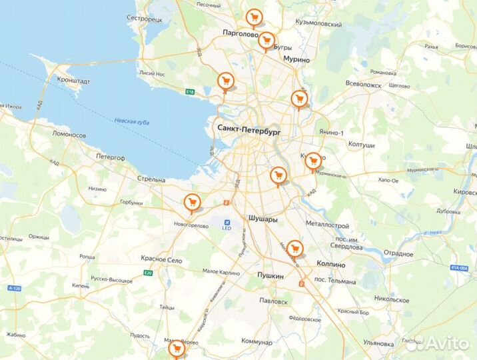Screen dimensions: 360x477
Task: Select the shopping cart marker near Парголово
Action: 253,18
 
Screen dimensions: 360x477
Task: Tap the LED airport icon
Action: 227,222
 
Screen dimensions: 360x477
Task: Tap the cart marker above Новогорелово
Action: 192,202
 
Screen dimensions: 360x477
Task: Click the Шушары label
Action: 261,218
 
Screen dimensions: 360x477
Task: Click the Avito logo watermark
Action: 446,343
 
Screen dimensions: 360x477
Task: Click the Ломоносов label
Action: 69,134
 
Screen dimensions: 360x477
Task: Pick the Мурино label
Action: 296,59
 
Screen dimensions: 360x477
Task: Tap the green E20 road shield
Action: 147,272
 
